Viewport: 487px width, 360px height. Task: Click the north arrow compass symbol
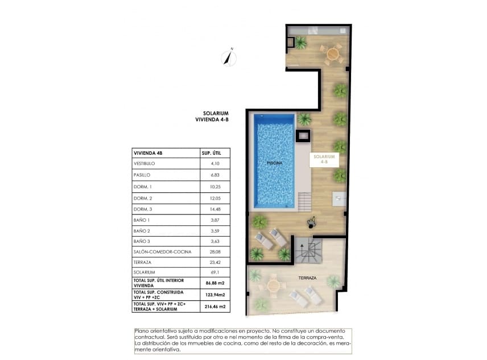click(x=228, y=57)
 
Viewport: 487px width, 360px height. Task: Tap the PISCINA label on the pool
click(x=275, y=163)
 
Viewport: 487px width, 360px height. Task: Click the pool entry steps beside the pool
click(x=304, y=201)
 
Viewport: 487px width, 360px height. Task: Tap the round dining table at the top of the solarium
click(x=333, y=55)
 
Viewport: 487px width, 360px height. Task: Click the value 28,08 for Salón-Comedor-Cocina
click(x=212, y=251)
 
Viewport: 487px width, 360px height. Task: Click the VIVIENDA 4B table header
click(x=148, y=152)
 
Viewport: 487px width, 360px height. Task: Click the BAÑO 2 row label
click(x=142, y=231)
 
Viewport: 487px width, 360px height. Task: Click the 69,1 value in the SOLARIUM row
click(x=212, y=273)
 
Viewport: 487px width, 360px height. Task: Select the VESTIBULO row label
click(x=144, y=164)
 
